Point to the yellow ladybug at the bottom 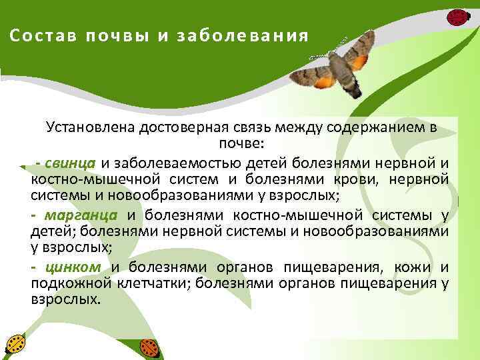pyautogui.click(x=15, y=344)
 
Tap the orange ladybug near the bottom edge pyautogui.click(x=149, y=347)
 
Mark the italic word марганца pyautogui.click(x=81, y=215)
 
